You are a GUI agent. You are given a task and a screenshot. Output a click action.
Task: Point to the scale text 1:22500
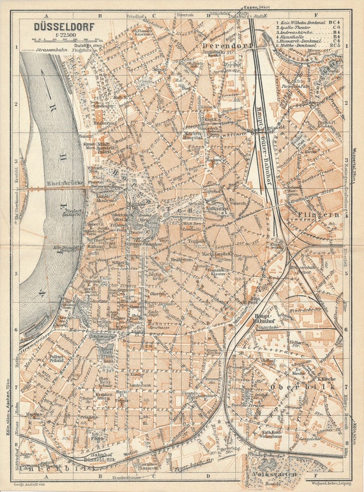61,36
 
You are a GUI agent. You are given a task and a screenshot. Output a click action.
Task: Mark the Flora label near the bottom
98,439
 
